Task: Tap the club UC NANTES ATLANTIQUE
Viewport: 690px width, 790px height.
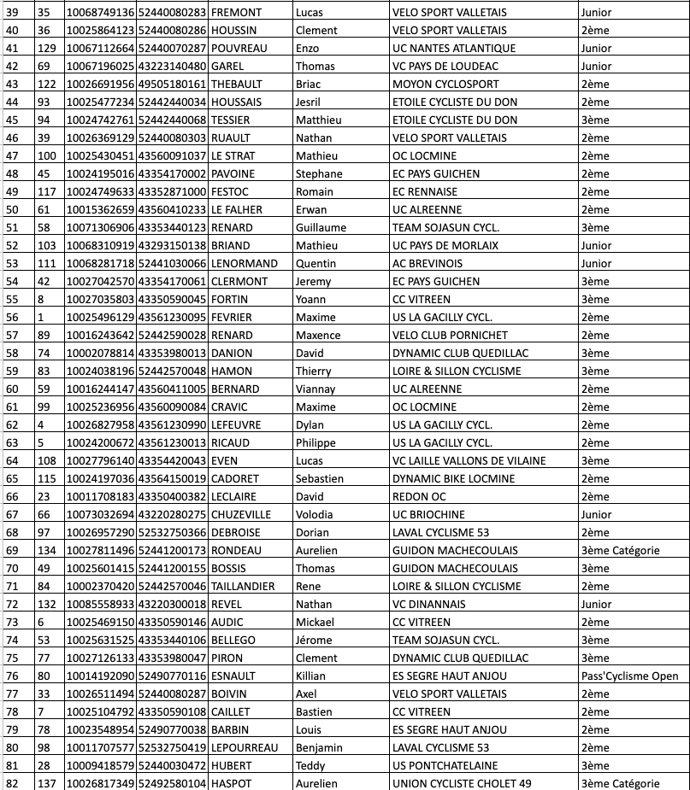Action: [x=453, y=49]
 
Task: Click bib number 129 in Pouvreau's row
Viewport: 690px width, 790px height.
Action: [x=48, y=49]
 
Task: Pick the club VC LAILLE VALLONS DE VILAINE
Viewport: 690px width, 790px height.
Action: [x=469, y=461]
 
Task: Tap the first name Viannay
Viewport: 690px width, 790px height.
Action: [x=315, y=389]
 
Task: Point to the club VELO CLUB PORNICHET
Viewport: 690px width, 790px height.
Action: [x=450, y=336]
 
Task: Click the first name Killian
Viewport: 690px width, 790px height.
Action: [x=311, y=676]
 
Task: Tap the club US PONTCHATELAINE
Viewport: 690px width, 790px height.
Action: [x=445, y=766]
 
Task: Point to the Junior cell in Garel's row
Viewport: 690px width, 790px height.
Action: [x=596, y=67]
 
